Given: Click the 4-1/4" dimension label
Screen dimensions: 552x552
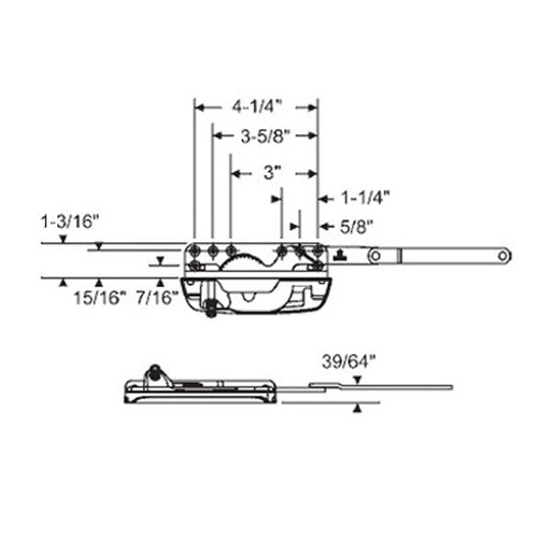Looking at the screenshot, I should point(256,107).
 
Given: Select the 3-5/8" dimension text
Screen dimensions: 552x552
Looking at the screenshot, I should point(266,136).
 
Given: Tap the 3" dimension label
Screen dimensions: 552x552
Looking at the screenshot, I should point(270,171).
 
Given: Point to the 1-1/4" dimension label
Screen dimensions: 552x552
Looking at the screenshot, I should point(366,196).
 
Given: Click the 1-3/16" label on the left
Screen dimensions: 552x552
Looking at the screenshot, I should point(70,221).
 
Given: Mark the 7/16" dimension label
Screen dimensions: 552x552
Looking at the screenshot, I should point(156,296).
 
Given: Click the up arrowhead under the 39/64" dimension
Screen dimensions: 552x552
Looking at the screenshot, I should point(356,409).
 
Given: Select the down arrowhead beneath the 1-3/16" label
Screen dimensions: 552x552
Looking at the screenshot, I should point(61,239).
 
